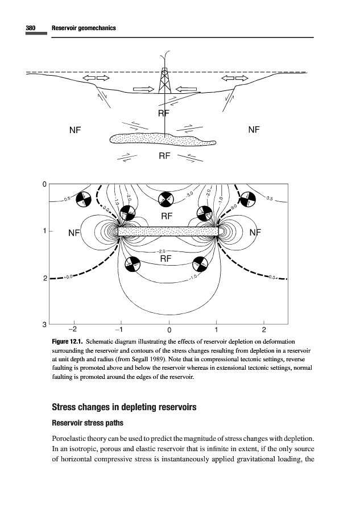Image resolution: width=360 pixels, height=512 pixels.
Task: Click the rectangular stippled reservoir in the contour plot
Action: (168, 231)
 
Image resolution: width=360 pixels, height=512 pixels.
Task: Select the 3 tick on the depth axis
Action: (44, 325)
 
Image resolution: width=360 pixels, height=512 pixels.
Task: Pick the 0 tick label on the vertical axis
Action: (44, 184)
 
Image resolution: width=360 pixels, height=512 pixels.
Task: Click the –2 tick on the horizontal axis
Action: (73, 330)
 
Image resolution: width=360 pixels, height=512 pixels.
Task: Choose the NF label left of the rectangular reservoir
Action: (75, 233)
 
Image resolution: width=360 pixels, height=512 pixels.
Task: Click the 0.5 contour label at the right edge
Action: (269, 199)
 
